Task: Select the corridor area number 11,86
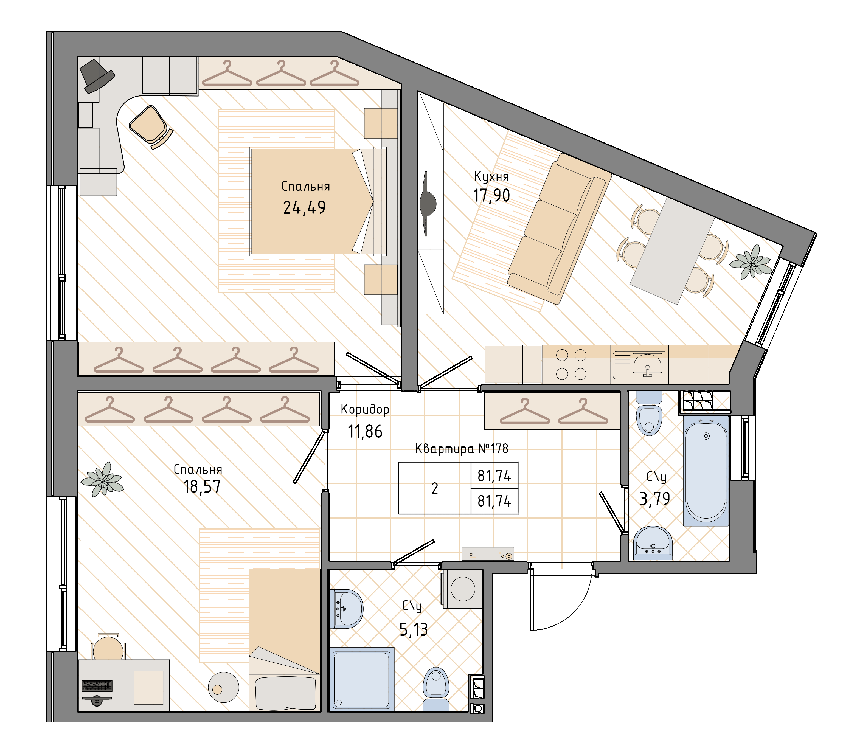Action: click(365, 432)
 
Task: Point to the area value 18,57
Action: click(202, 486)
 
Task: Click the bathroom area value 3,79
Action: click(654, 499)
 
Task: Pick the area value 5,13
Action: click(414, 630)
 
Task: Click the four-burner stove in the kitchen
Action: click(571, 364)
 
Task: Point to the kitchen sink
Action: click(639, 365)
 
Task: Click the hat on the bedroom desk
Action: click(97, 76)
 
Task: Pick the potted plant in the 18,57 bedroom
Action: click(102, 479)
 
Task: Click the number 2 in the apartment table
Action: click(435, 488)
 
